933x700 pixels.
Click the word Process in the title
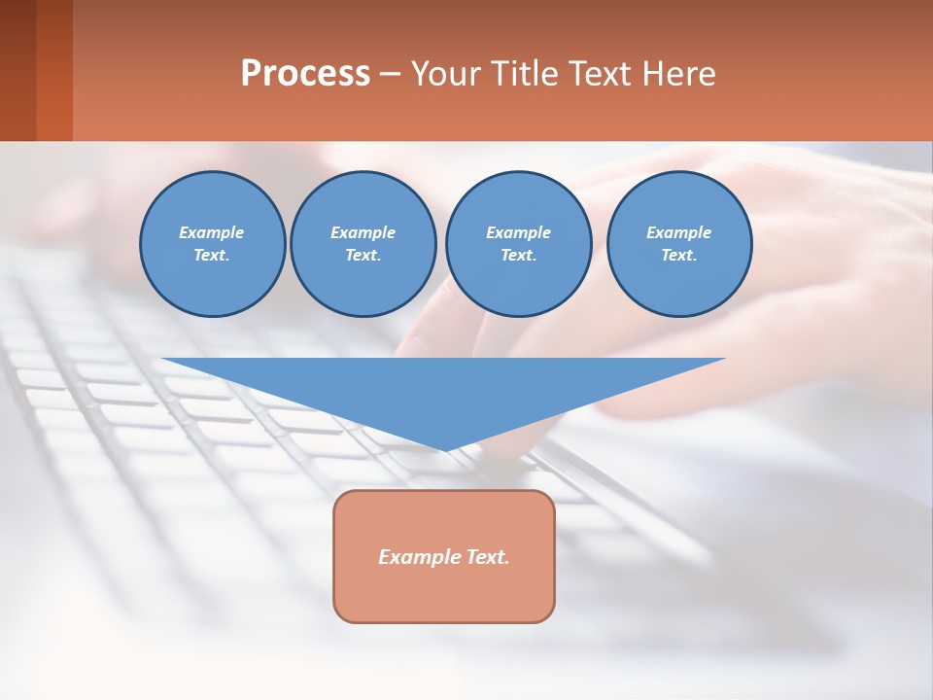(305, 74)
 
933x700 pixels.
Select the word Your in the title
(446, 74)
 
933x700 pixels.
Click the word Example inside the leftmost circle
(212, 232)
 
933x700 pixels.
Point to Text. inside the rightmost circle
(679, 255)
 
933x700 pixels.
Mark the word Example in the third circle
(518, 232)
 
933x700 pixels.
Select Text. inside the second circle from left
(363, 255)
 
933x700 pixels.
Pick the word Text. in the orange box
(489, 557)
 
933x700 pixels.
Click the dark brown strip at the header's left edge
(17, 70)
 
